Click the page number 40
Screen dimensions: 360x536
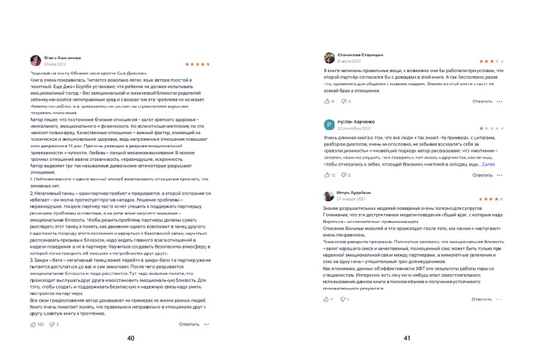[x=130, y=338]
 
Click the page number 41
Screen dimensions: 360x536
[x=407, y=338]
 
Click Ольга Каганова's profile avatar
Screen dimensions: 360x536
[x=36, y=60]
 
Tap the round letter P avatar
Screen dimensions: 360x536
[x=329, y=125]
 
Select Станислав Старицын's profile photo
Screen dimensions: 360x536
[x=329, y=57]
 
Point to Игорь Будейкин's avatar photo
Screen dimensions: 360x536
[x=329, y=195]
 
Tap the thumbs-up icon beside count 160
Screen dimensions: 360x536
[x=33, y=324]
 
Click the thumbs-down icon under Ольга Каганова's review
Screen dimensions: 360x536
[x=52, y=324]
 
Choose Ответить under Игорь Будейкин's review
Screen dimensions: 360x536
[x=482, y=299]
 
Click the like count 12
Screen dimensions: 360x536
[x=334, y=175]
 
